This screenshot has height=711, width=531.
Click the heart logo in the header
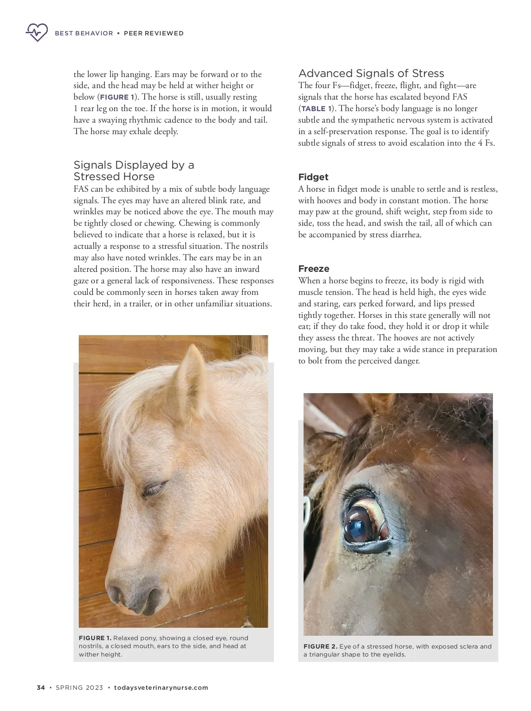pos(37,32)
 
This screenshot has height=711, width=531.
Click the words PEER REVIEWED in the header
pos(154,33)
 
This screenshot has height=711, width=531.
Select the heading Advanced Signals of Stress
pos(371,73)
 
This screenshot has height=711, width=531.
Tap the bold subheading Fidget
pos(313,177)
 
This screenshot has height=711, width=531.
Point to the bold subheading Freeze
pos(313,269)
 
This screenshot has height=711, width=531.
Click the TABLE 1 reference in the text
pos(316,109)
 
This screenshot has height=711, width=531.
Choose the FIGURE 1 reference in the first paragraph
pos(116,97)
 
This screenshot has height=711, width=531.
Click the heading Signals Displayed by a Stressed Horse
pos(134,171)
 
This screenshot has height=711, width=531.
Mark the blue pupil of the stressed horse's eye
pos(357,525)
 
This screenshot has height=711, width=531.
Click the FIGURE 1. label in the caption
pos(95,638)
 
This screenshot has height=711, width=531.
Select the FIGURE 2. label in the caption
pos(320,646)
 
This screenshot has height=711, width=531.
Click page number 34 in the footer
pos(41,688)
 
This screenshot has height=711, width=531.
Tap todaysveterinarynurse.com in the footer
pos(161,688)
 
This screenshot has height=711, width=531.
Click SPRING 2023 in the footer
pos(79,688)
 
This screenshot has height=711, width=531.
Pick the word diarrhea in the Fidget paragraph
pos(404,235)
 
